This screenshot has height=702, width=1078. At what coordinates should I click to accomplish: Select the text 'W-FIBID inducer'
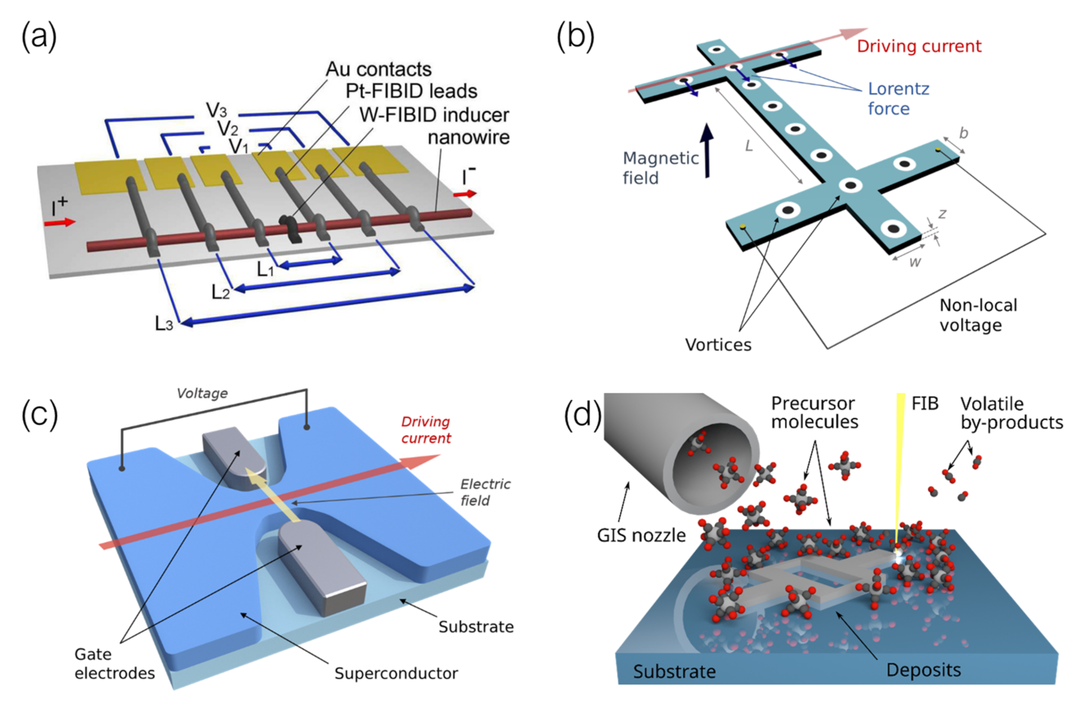[x=434, y=115]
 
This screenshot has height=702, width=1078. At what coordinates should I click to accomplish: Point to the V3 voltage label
[x=216, y=110]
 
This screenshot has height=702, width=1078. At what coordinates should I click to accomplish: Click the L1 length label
[x=266, y=270]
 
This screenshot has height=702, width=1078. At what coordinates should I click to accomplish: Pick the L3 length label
[x=164, y=323]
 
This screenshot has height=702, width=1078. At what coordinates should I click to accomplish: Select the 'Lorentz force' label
[x=898, y=98]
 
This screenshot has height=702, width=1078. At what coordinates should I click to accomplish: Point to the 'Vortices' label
[x=718, y=345]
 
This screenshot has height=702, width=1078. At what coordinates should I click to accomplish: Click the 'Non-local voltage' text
[x=978, y=315]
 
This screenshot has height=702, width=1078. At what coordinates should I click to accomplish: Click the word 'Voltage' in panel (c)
[x=202, y=393]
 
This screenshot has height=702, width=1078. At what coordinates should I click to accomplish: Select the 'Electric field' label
[x=485, y=492]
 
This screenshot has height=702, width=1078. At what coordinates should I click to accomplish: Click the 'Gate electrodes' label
[x=114, y=663]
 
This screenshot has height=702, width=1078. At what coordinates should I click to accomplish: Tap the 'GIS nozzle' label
[x=641, y=536]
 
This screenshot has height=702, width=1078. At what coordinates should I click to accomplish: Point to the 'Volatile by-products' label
[x=1011, y=413]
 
